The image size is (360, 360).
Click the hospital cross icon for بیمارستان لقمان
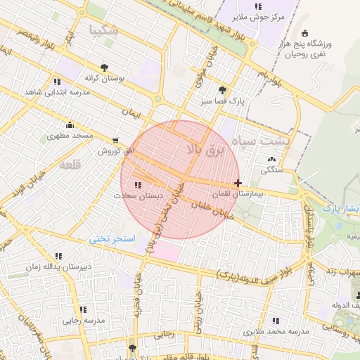(x=238, y=183)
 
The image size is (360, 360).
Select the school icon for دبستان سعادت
(x=136, y=184)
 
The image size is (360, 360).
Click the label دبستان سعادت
(x=140, y=195)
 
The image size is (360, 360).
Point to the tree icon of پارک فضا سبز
(x=223, y=90)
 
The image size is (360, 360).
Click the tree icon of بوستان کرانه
(x=104, y=67)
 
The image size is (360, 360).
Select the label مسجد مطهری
(x=71, y=134)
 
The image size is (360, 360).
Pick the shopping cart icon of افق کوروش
(x=115, y=140)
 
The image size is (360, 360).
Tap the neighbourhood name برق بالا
(x=202, y=147)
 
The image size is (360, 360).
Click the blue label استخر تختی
(x=111, y=239)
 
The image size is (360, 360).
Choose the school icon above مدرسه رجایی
(x=83, y=309)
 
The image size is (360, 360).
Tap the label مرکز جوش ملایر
(x=259, y=17)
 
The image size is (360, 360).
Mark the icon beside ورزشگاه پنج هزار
(x=304, y=33)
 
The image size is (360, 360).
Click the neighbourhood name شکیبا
(x=104, y=30)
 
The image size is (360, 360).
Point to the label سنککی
(x=272, y=169)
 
